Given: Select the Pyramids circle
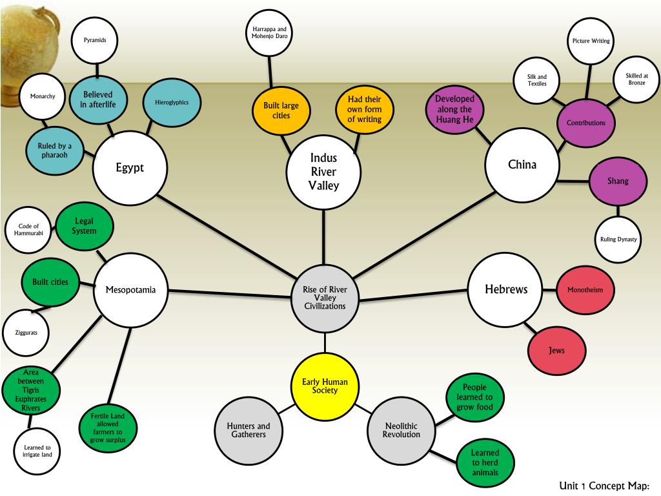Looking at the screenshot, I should [x=96, y=41].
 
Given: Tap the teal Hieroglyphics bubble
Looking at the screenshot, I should [x=171, y=103].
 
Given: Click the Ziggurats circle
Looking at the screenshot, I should [x=26, y=333].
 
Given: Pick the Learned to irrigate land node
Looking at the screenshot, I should [x=37, y=451].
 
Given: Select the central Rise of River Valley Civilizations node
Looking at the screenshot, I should [x=324, y=298].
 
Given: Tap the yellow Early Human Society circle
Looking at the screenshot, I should [x=325, y=386].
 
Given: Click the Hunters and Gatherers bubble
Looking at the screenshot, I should [x=249, y=430].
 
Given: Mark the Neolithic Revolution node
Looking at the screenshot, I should [x=401, y=430].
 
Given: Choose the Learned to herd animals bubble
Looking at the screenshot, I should [x=485, y=462].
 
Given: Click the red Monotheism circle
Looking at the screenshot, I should [x=585, y=290].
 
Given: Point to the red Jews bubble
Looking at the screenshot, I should [x=556, y=351].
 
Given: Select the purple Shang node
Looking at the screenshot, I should [x=617, y=181].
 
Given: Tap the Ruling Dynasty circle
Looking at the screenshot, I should [x=618, y=240].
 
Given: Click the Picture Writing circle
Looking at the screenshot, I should [x=591, y=41].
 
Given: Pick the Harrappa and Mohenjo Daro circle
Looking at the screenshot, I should [x=269, y=34].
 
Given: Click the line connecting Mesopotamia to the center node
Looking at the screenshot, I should [x=226, y=293].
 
